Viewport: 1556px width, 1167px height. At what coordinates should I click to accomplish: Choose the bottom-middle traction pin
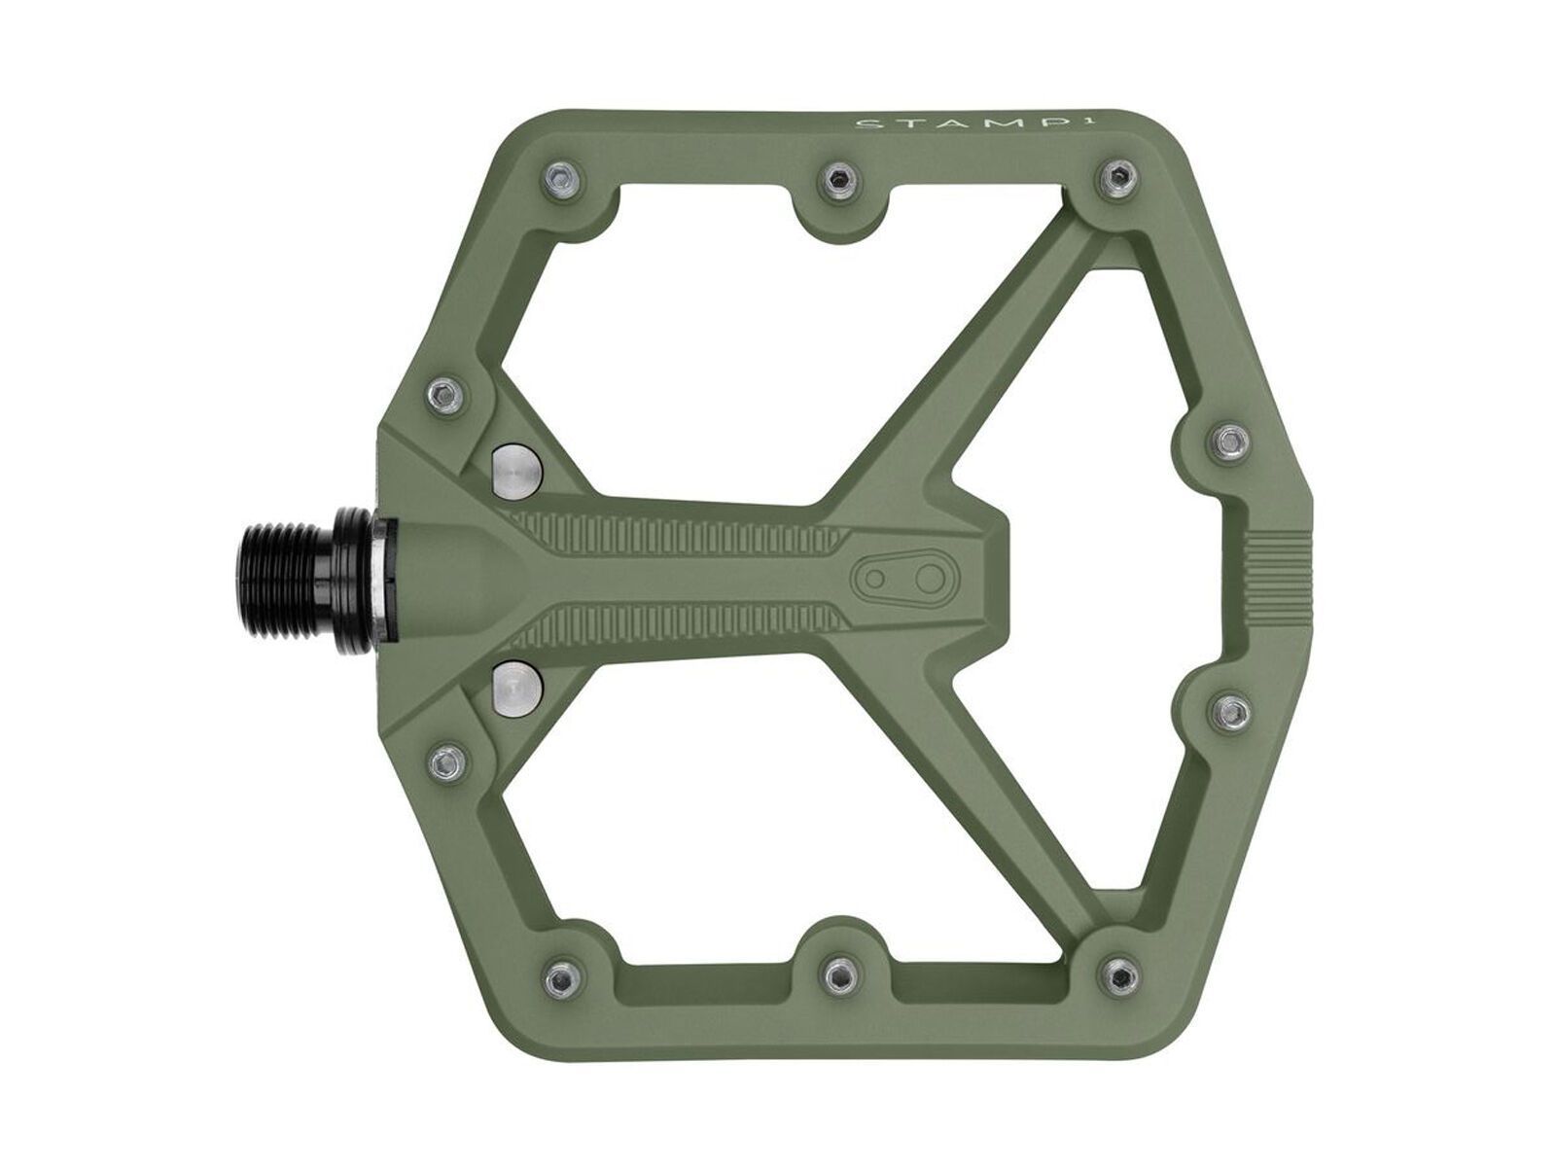834,976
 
